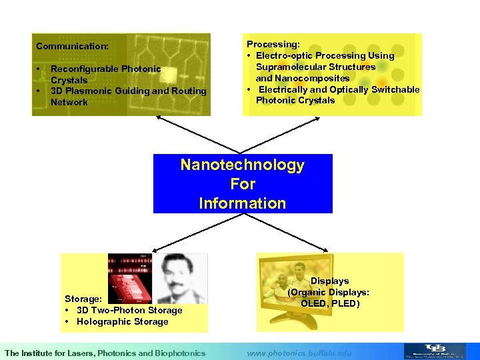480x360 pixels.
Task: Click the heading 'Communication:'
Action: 72,47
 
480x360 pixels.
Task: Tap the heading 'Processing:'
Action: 273,44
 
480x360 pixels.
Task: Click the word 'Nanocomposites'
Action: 317,78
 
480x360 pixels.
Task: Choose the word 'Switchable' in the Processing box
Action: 397,89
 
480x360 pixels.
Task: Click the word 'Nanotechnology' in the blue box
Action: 242,165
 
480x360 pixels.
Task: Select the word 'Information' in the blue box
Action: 242,203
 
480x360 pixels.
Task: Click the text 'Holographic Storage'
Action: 122,322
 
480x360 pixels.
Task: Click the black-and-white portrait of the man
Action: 179,279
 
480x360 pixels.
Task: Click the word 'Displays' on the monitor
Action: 329,281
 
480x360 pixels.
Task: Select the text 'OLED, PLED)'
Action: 330,304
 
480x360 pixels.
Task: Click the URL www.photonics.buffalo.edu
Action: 299,353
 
